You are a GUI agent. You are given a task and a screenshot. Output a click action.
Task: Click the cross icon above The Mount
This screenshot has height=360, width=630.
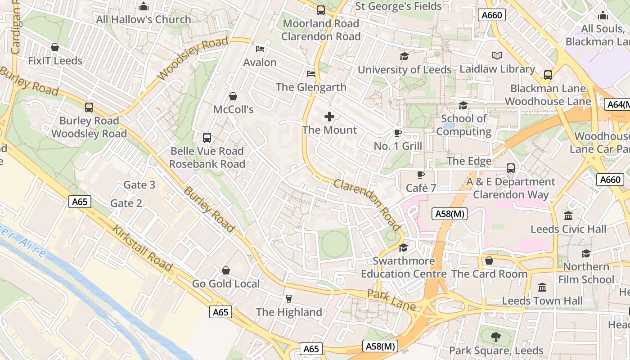pos(329,117)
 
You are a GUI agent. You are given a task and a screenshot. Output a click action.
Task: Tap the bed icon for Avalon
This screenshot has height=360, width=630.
pos(260,49)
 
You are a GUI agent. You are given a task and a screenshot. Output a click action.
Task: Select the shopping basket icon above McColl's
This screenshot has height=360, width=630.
pos(233,96)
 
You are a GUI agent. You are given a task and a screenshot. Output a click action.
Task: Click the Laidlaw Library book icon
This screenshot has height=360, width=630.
pos(497,56)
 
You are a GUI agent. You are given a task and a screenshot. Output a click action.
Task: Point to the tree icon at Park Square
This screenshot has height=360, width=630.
pos(495,337)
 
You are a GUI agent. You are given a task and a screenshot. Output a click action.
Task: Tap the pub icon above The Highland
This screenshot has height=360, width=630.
pos(289,299)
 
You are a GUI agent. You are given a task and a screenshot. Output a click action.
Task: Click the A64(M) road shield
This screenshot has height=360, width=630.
pos(617,105)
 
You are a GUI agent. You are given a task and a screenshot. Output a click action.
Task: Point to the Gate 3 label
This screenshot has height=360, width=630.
pos(139,185)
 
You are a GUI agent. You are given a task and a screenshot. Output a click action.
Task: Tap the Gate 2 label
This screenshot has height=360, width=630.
pos(126,203)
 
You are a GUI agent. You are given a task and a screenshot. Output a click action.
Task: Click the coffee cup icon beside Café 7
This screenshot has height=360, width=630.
pos(420,175)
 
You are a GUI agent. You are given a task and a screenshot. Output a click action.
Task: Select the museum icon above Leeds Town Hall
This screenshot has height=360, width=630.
pos(542,287)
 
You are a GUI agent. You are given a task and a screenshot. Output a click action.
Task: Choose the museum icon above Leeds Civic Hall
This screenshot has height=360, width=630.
pos(568,216)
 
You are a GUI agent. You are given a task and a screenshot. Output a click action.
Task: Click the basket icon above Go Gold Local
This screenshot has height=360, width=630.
pos(226,270)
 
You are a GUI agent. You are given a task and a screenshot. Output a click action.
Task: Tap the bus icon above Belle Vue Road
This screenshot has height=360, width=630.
pos(207,138)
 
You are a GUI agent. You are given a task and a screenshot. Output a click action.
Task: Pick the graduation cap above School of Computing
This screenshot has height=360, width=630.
pos(463,106)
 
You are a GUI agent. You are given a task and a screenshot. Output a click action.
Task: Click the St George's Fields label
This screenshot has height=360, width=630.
pos(399,6)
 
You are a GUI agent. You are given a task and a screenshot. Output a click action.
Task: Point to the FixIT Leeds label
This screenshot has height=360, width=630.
pos(55,61)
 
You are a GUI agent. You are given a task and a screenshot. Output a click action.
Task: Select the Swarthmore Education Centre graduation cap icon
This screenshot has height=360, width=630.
pos(403,248)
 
